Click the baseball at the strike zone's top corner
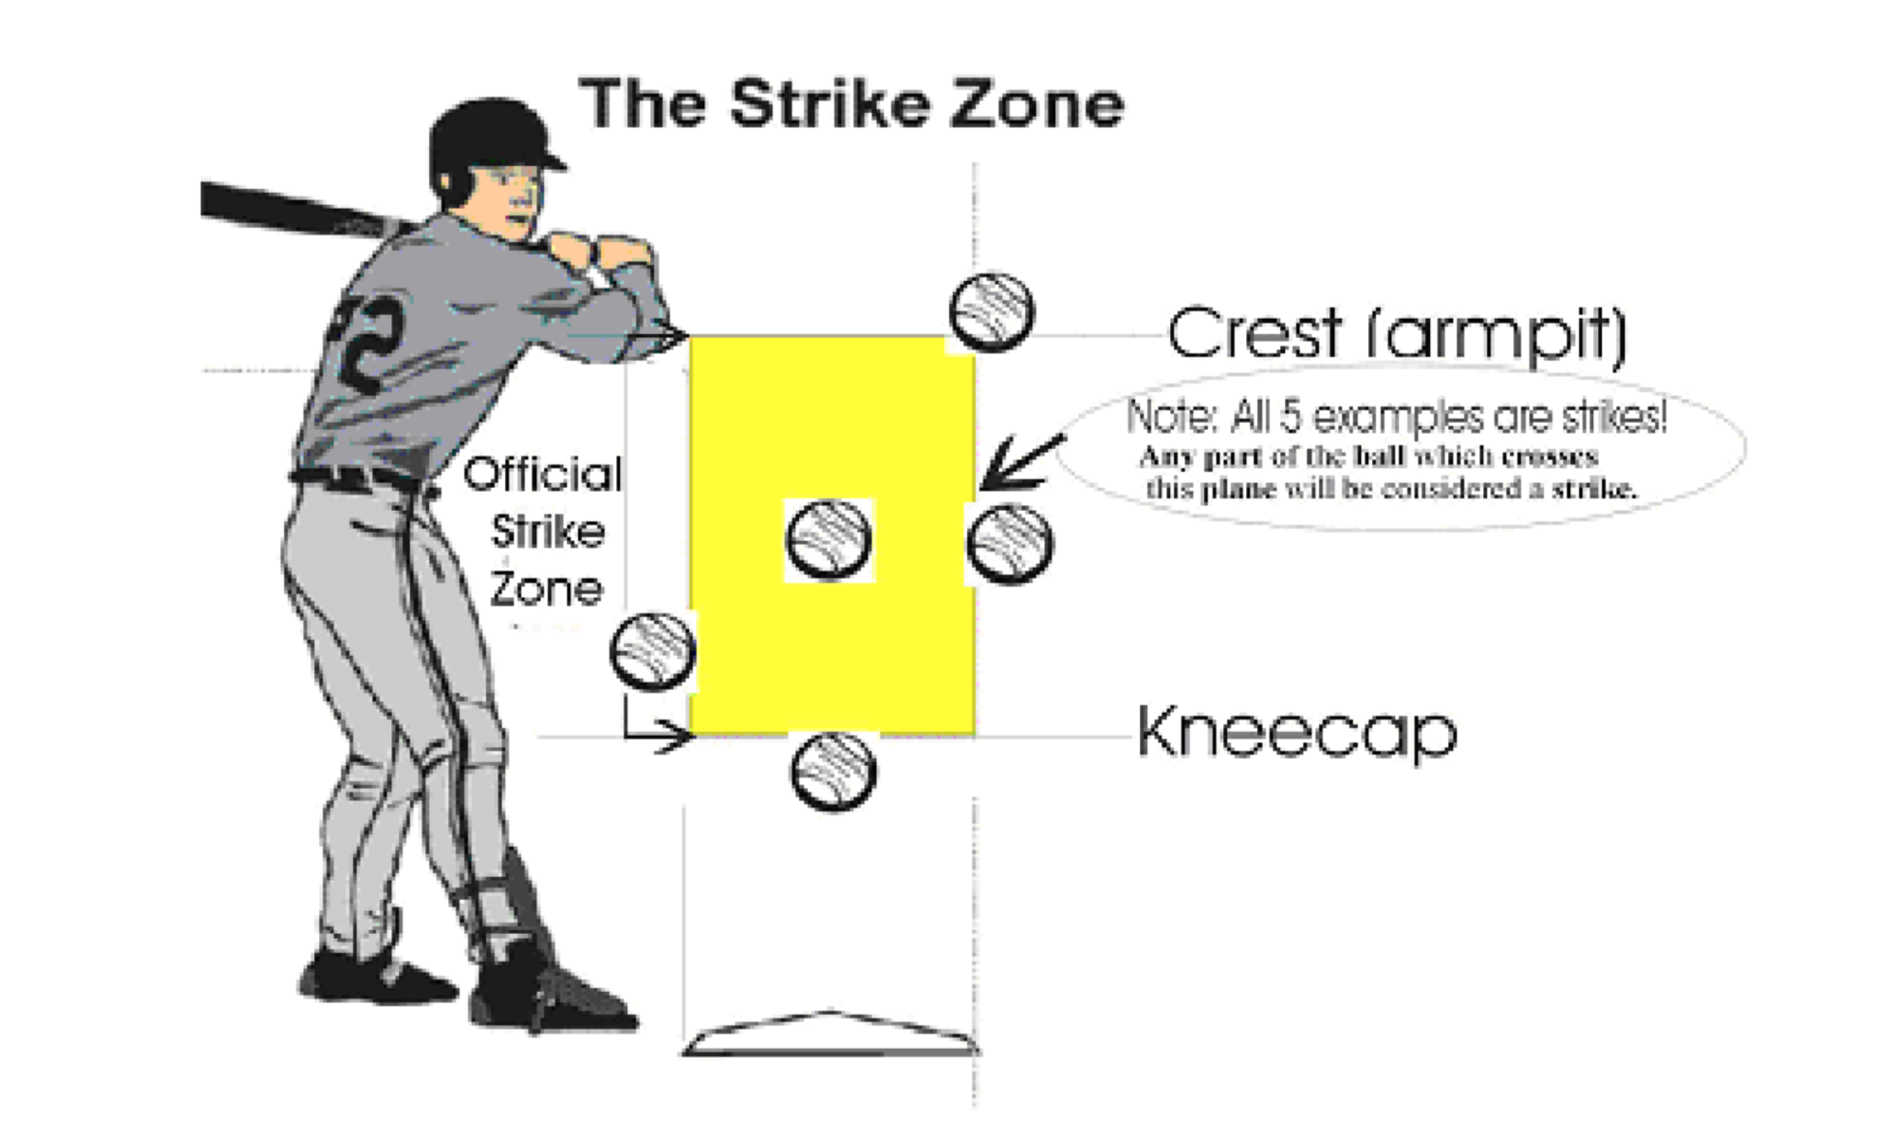[991, 312]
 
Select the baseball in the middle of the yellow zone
[829, 539]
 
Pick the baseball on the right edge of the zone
[1010, 544]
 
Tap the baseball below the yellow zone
[833, 771]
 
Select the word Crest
[1254, 333]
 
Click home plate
[829, 1033]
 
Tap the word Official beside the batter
[543, 474]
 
